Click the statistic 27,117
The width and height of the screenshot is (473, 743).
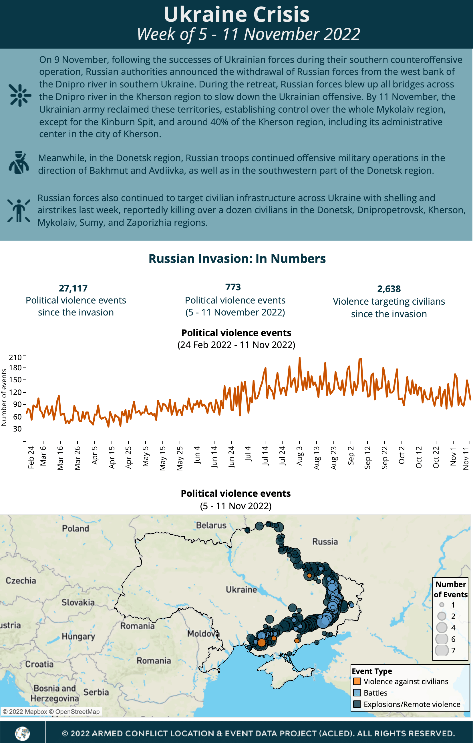(73, 288)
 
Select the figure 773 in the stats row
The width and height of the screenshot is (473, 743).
(233, 287)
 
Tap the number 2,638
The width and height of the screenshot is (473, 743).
(389, 289)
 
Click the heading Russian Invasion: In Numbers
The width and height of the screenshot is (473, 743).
(237, 259)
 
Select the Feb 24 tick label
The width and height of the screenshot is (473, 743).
(31, 457)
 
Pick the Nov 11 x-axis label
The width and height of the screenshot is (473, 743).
(466, 458)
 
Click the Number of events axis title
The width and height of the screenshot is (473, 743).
(4, 398)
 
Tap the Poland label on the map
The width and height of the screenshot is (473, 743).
(75, 529)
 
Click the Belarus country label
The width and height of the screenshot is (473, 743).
(211, 525)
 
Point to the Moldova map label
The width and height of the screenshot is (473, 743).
(203, 634)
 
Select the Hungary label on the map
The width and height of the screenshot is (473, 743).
(78, 636)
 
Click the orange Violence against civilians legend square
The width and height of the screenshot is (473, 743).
(357, 681)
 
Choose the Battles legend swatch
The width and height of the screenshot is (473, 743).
(357, 693)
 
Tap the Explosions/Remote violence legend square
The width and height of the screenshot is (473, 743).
(357, 704)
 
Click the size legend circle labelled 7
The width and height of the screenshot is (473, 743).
(442, 650)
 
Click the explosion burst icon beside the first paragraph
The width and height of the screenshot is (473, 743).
(20, 95)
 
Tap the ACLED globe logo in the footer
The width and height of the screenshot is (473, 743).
(23, 734)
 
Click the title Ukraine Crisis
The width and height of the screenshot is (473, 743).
(236, 15)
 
